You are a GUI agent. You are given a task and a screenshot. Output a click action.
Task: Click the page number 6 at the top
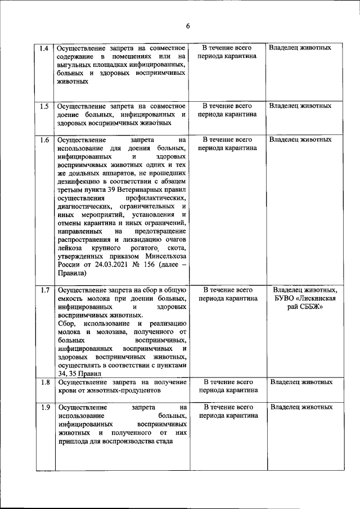point(188,26)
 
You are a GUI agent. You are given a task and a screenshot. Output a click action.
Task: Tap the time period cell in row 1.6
point(227,144)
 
